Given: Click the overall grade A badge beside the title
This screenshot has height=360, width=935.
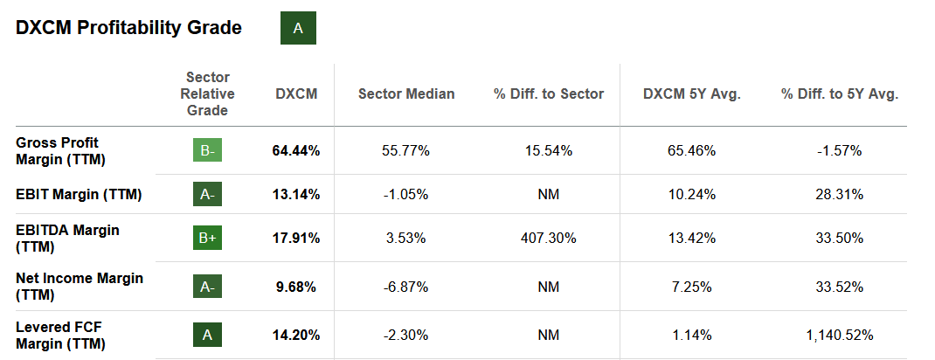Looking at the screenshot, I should coord(298,28).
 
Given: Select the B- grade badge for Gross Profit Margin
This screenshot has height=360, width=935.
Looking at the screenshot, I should coord(207,150).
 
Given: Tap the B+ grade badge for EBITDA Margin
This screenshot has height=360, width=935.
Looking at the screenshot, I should coord(207,239).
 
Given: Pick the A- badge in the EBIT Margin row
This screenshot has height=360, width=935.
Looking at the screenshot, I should coord(207,194).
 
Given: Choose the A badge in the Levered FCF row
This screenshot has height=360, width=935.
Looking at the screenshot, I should coord(207,334).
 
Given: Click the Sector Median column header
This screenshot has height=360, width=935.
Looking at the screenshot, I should coord(406,93).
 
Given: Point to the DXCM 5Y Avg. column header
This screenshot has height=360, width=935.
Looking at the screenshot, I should coord(691,93).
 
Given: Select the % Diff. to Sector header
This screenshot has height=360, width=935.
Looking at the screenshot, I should coord(549,93).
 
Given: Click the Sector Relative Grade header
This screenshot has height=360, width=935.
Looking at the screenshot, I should coord(207,93).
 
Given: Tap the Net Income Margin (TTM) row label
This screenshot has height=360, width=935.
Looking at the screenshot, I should coord(80,287).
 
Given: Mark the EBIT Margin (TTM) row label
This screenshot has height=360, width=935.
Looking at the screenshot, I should coord(79,194).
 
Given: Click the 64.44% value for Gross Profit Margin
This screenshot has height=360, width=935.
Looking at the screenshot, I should coord(296,150).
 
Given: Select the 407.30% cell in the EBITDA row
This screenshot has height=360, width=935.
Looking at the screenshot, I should coord(549,239).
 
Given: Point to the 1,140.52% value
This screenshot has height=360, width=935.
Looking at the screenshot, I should coord(839,334).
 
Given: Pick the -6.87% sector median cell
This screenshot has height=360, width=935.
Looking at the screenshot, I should coord(406,287).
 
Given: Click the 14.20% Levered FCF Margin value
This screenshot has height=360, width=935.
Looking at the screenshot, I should coord(296,334).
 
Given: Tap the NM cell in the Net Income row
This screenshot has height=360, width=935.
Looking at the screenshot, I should coord(549,287).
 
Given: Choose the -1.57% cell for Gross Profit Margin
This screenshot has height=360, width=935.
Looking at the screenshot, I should coord(839,150).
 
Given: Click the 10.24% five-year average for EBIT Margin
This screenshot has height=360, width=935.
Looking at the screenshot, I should coord(691,194).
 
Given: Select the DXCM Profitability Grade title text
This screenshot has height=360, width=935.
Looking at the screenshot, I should coord(128,28).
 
